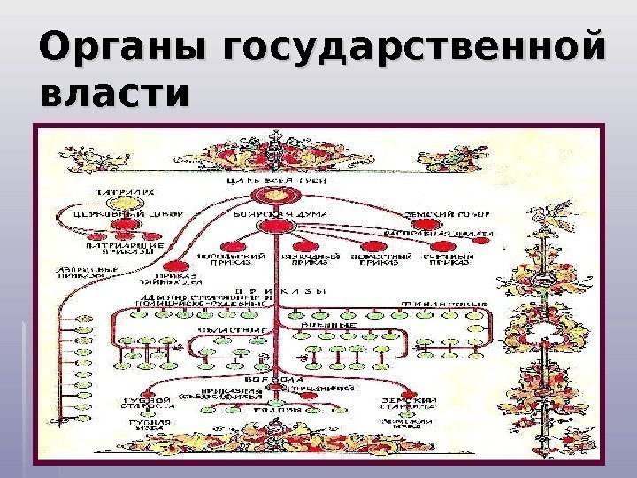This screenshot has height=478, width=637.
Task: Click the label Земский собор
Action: pos(440,213)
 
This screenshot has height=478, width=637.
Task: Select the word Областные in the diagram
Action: pos(222,329)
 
